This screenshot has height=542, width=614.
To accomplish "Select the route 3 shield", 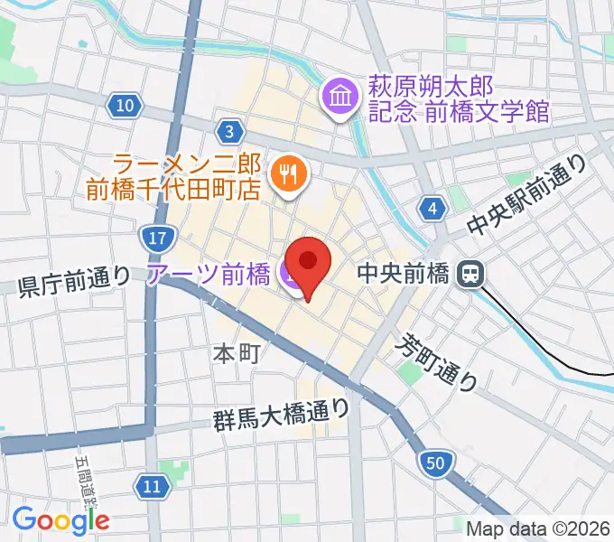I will [231, 133].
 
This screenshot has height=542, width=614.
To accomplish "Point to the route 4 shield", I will [434, 210].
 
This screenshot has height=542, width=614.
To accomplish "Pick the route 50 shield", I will [436, 464].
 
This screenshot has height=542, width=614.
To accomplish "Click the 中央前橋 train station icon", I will [470, 272].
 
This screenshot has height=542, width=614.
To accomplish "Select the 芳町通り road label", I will [439, 359].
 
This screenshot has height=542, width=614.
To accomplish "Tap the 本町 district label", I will [237, 351].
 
